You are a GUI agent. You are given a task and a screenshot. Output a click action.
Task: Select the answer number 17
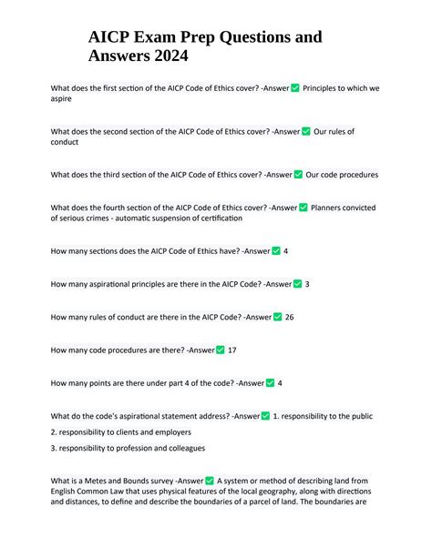coord(232,350)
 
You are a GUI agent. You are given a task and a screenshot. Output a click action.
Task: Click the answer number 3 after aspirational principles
coord(307,284)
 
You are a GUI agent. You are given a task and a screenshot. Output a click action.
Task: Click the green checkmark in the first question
coord(294,88)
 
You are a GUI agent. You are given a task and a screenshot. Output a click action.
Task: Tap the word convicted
coord(357,208)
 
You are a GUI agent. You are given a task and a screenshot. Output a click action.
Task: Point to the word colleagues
coord(181,448)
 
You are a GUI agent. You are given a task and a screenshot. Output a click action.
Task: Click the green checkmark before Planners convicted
coord(303,208)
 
